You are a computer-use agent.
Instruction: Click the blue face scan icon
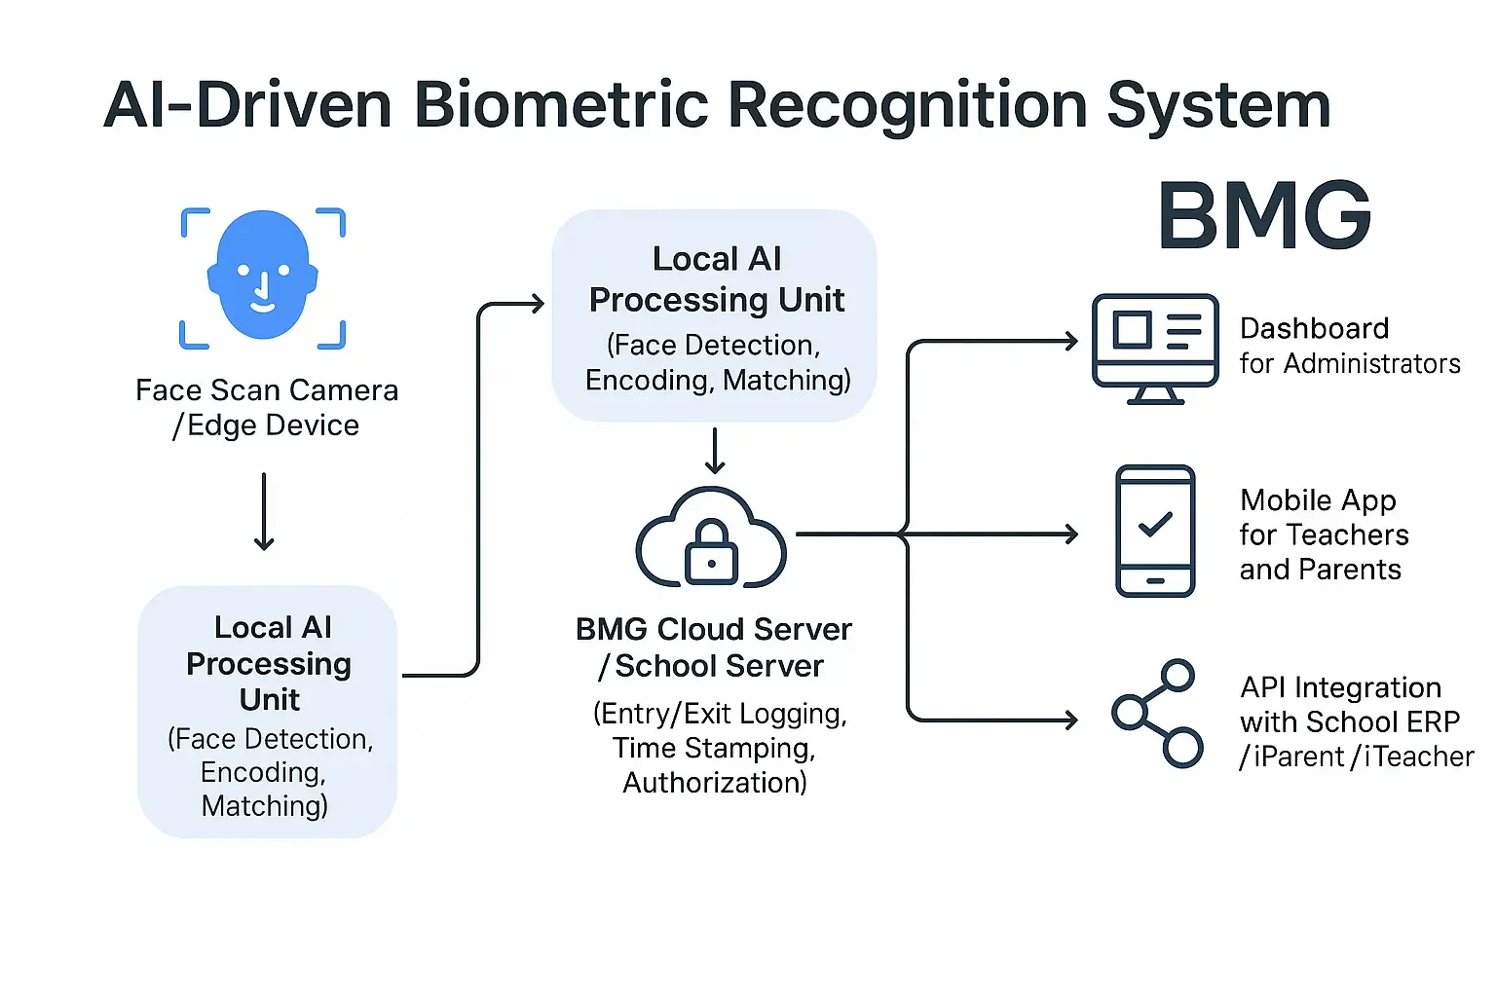263,277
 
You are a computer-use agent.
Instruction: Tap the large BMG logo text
1264,216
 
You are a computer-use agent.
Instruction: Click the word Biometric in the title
560,104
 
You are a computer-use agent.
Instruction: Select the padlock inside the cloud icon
712,552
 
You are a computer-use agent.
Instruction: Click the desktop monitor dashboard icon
1155,348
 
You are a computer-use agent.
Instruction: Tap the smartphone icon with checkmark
1155,531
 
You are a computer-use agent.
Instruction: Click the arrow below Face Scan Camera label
264,512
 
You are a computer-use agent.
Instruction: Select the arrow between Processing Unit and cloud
715,451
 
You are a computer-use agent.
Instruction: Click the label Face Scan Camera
266,390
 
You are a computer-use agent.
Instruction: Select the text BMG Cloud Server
713,630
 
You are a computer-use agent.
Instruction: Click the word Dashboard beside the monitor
1314,329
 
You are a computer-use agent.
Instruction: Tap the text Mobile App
1318,500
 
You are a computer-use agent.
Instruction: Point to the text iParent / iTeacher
1356,757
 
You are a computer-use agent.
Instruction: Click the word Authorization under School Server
714,783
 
